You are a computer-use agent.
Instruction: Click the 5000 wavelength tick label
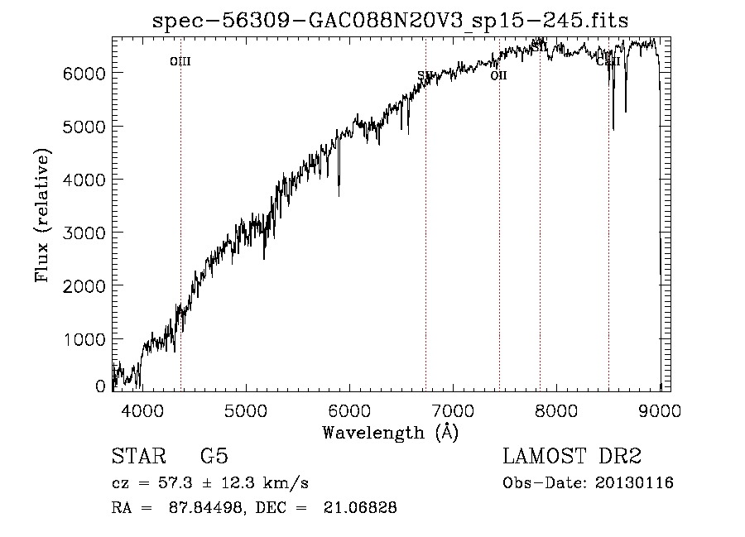(x=245, y=410)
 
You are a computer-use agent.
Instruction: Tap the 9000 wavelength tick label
(x=660, y=410)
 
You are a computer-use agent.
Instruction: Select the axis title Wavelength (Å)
(x=391, y=432)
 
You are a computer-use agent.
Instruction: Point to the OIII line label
(x=180, y=61)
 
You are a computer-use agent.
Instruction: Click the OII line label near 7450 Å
(x=498, y=75)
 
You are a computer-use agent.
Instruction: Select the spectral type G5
(x=214, y=457)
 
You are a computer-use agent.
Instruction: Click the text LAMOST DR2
(x=572, y=457)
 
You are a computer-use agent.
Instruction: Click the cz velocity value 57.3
(x=171, y=483)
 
